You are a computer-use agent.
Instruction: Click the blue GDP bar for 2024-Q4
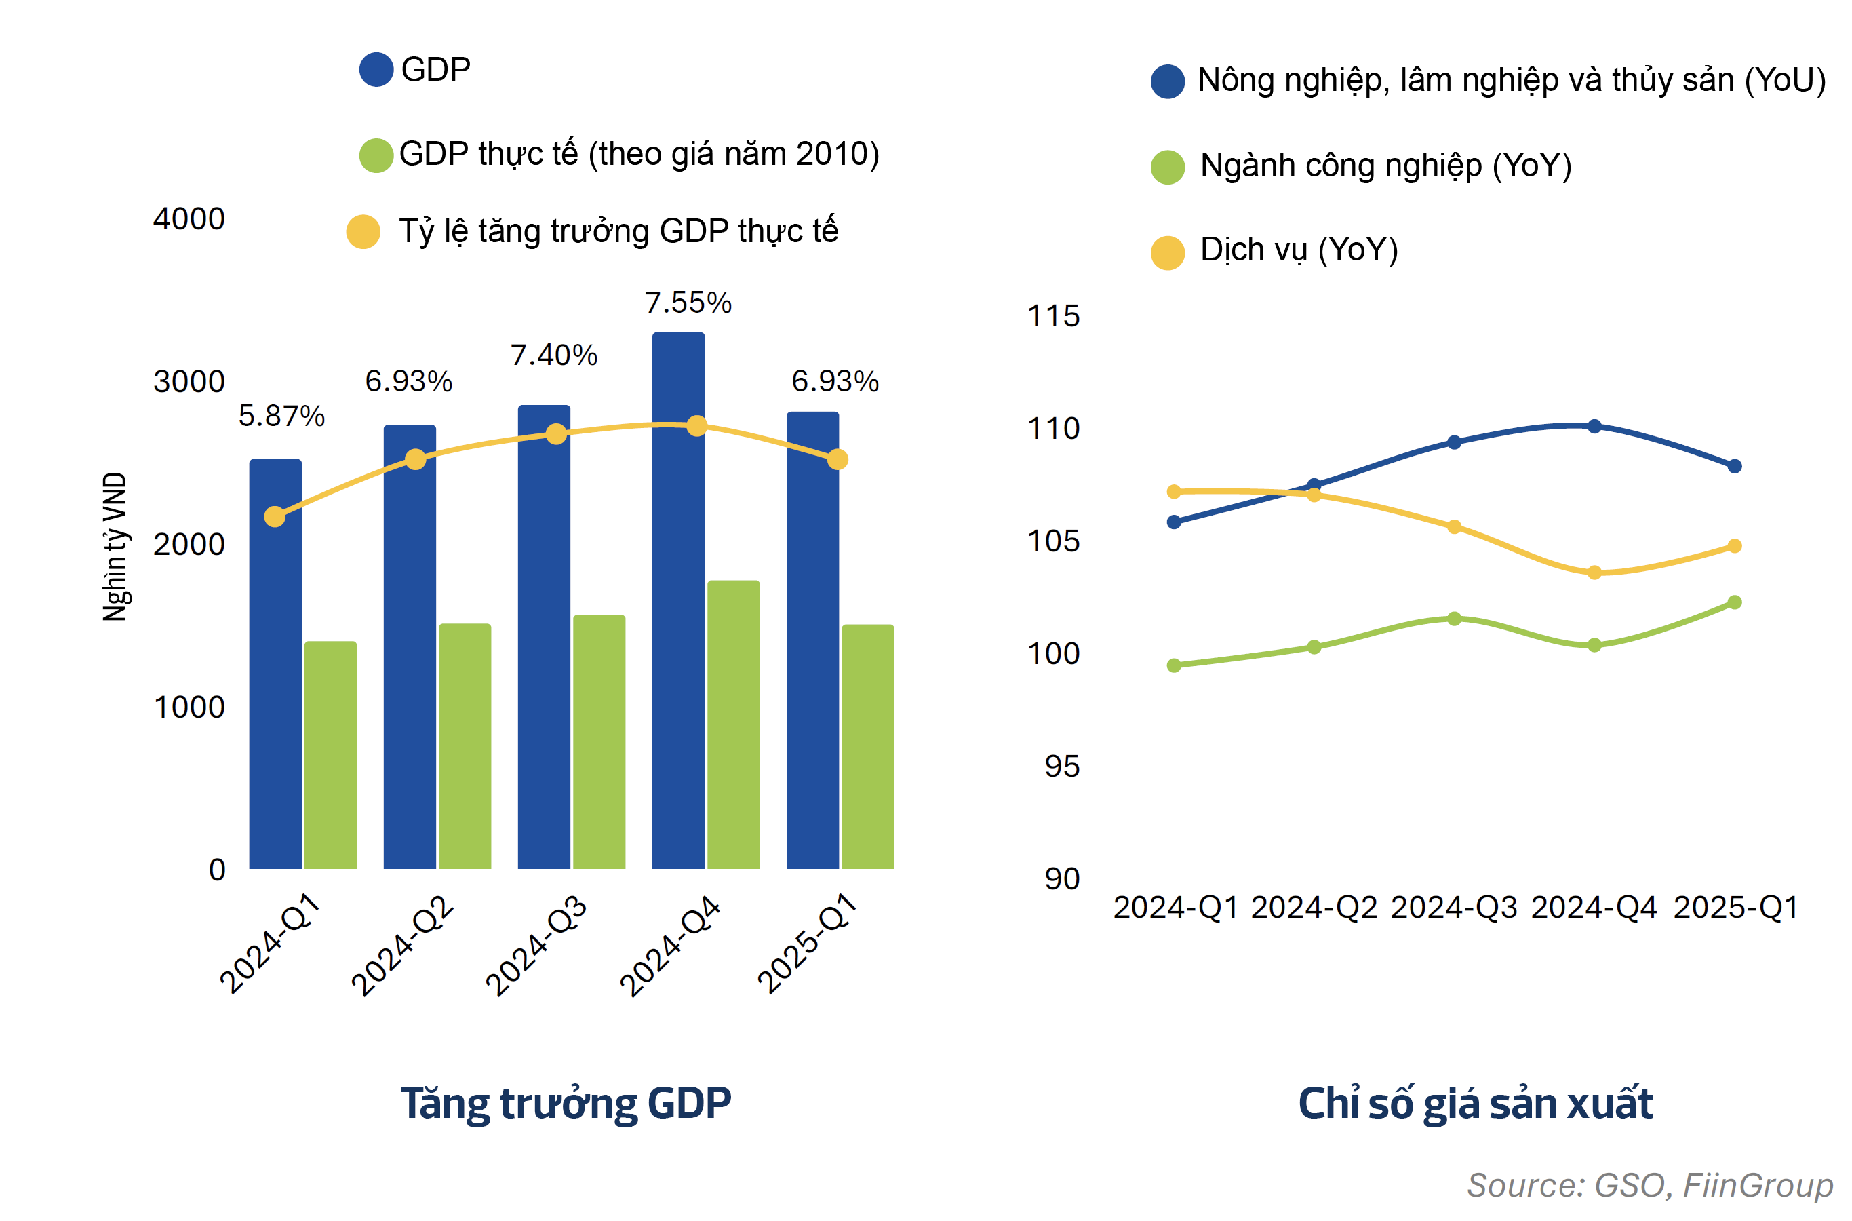pos(678,600)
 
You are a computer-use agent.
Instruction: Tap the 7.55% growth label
pos(688,303)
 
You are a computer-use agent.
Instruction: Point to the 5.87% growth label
pos(281,416)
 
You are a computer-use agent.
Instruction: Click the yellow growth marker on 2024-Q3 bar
pos(556,433)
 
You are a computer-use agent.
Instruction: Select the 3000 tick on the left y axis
pos(189,381)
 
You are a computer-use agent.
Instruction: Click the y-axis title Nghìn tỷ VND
pos(115,547)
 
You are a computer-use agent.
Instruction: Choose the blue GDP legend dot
pos(376,70)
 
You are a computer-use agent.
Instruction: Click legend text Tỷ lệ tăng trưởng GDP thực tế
pos(618,231)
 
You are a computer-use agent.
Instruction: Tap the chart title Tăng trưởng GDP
pos(566,1104)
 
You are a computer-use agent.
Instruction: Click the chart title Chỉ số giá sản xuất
pos(1474,1104)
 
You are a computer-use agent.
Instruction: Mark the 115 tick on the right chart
pos(1052,316)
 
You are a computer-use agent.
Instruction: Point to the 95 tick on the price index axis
pos(1062,767)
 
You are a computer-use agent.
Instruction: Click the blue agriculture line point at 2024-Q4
pos(1594,426)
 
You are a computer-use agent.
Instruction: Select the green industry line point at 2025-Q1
pos(1734,602)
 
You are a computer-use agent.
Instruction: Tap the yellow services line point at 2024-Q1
pos(1174,491)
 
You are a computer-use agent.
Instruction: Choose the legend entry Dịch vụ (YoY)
pos(1299,250)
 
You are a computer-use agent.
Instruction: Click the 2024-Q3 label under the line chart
pos(1453,907)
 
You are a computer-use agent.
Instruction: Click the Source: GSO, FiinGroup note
pos(1649,1184)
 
